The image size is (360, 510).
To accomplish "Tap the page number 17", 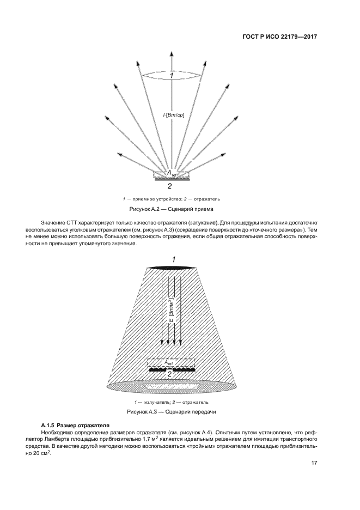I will pyautogui.click(x=314, y=463).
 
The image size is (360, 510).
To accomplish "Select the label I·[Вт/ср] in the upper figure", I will pyautogui.click(x=173, y=115).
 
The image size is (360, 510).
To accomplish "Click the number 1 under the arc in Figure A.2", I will pyautogui.click(x=172, y=76).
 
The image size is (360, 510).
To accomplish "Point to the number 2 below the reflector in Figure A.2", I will pyautogui.click(x=170, y=186).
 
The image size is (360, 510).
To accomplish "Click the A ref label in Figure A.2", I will pyautogui.click(x=172, y=173).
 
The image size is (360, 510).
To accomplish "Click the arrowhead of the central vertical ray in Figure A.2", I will pyautogui.click(x=172, y=54).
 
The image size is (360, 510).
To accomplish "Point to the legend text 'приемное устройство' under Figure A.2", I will pyautogui.click(x=153, y=198).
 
